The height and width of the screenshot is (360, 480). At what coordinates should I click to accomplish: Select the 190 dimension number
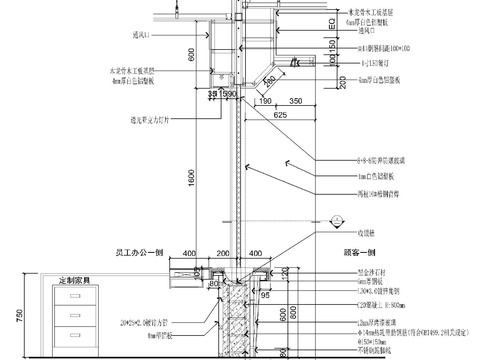[265, 101]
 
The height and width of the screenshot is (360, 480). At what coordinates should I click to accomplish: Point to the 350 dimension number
[297, 101]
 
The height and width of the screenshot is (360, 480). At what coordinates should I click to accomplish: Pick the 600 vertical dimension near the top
[191, 59]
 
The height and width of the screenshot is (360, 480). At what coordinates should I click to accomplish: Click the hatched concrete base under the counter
[240, 320]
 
